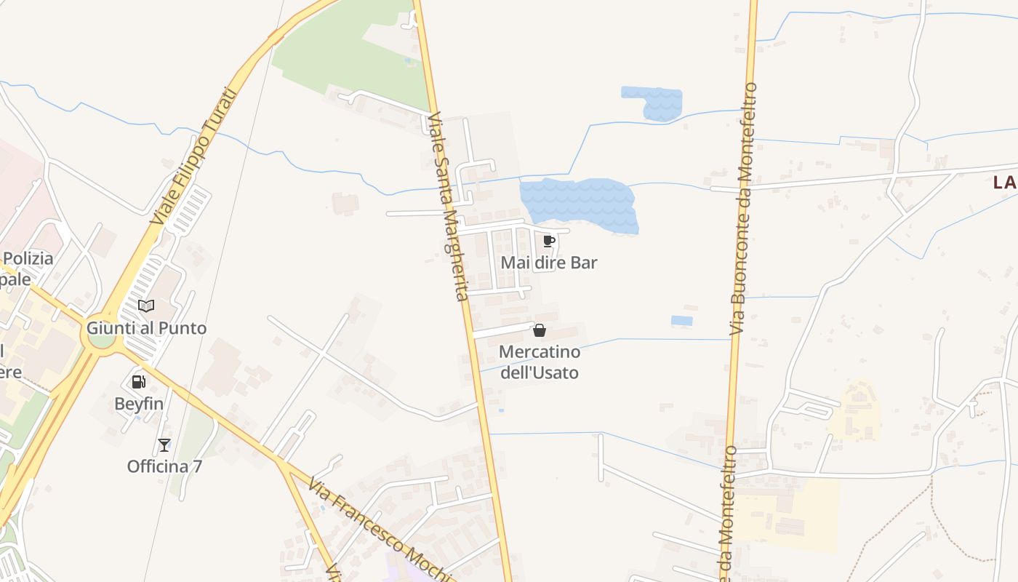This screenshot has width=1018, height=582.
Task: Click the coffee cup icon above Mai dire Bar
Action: pos(549,241)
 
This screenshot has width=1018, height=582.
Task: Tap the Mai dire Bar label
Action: pos(549,263)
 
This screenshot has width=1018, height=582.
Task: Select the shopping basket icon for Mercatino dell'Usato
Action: pos(540,331)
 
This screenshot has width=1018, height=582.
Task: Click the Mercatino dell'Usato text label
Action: pos(540,362)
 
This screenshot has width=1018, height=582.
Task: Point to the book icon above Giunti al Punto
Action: pos(146,306)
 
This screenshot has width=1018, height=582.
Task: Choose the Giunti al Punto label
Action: pos(147,328)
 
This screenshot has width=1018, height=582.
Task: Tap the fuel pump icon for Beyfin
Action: pos(138,381)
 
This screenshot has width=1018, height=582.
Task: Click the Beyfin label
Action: pos(139,403)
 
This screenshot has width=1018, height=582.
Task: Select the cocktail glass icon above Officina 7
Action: pos(164,445)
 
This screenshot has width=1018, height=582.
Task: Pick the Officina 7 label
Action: pos(164,466)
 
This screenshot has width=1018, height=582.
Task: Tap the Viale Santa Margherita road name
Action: pos(448,206)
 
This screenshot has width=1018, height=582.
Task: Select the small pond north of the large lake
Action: pos(654,102)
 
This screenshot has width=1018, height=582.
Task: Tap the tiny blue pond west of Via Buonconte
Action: pos(681,321)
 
